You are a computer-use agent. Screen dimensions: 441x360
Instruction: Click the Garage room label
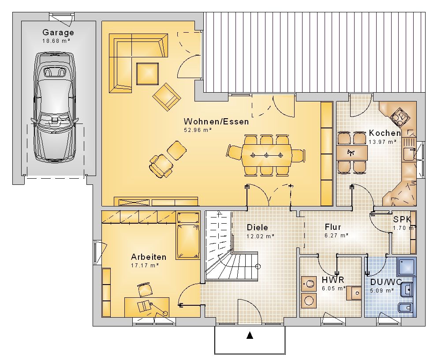click(58, 32)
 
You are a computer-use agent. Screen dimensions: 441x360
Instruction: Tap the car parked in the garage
click(55, 107)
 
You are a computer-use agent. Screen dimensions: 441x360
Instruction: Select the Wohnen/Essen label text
click(216, 122)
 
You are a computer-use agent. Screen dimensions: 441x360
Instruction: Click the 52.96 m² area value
click(198, 130)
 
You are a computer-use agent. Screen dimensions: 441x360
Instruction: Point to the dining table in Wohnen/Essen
click(266, 155)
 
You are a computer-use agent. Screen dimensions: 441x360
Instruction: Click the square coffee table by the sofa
click(147, 74)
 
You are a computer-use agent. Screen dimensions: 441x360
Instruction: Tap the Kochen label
click(385, 133)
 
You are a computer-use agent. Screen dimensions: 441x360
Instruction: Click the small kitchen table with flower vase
click(352, 153)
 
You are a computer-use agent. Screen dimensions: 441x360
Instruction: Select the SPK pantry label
click(402, 219)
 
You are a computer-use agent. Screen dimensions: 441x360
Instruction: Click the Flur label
click(333, 227)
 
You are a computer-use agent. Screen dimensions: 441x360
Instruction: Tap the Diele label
click(258, 228)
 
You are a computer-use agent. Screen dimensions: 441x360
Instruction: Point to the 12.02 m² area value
click(261, 236)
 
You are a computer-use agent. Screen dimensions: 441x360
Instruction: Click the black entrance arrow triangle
click(250, 335)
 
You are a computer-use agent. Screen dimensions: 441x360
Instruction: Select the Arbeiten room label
click(149, 257)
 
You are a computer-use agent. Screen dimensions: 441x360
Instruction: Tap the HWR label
click(333, 280)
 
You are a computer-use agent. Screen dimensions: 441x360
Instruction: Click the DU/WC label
click(386, 282)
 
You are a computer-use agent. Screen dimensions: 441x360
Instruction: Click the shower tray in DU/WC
click(406, 267)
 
